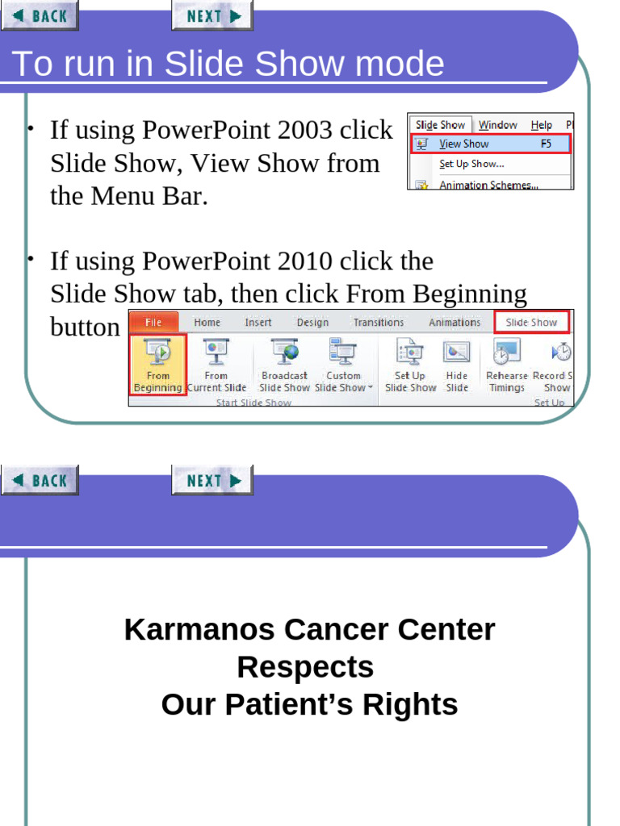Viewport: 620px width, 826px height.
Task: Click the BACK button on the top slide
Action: click(40, 15)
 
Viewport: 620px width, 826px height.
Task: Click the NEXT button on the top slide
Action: click(212, 15)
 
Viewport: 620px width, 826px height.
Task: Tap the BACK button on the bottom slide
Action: click(40, 481)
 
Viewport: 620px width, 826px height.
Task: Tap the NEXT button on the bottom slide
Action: click(212, 481)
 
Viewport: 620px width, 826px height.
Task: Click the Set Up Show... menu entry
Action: click(471, 164)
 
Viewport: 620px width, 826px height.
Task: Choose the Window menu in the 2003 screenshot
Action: click(497, 125)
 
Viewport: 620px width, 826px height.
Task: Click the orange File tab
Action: click(153, 323)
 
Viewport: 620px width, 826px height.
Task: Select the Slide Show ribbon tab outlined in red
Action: click(531, 323)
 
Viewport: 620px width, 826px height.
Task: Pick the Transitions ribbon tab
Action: click(378, 323)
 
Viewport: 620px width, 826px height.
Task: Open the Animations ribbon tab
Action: click(455, 323)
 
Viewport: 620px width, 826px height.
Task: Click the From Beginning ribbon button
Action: click(158, 365)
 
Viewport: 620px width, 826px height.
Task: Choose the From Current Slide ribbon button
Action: click(216, 365)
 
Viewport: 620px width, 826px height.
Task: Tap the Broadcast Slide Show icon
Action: click(284, 352)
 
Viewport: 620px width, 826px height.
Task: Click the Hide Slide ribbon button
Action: click(457, 365)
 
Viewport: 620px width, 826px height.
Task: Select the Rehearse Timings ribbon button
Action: click(506, 365)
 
